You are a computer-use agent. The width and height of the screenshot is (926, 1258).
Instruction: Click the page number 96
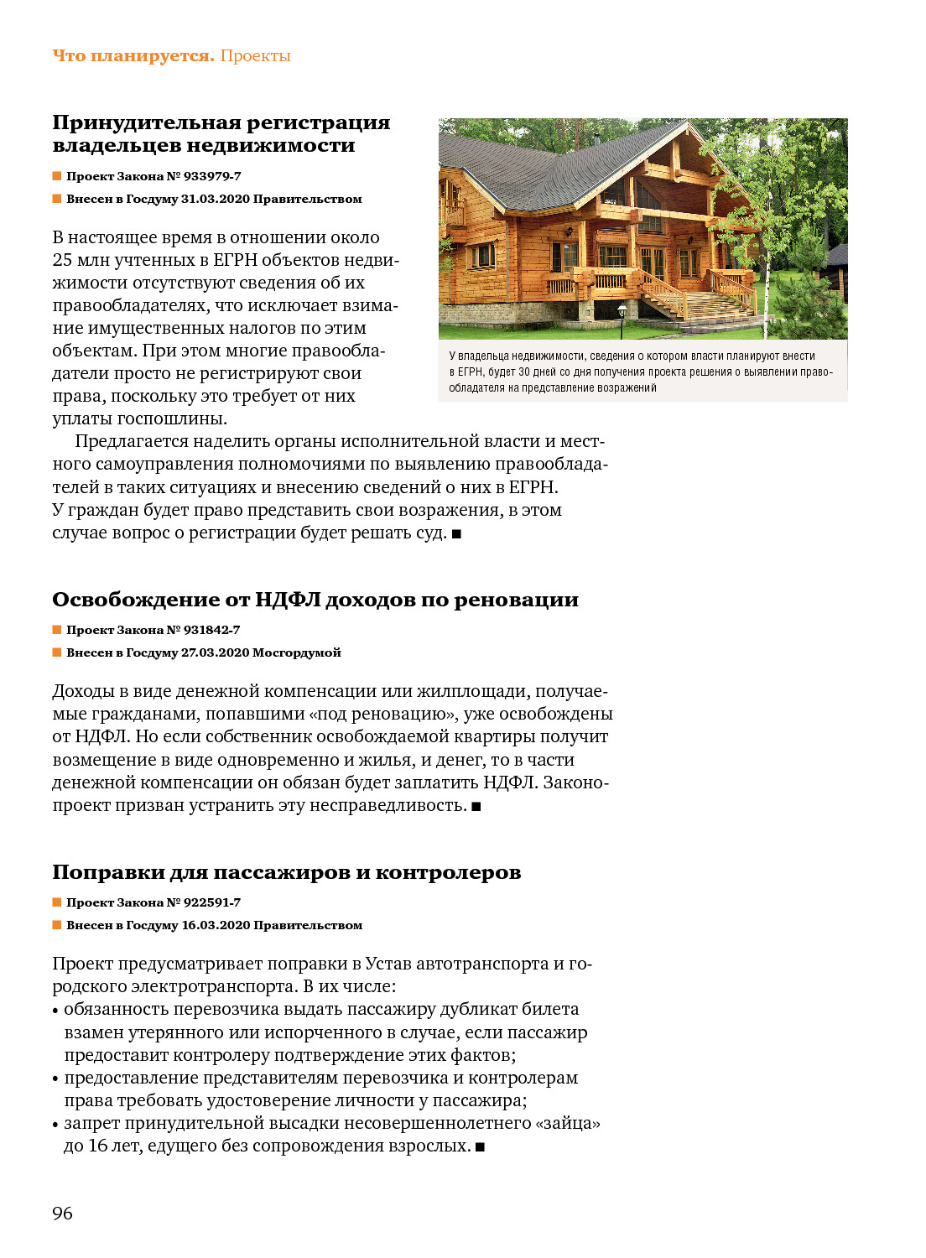(x=62, y=1213)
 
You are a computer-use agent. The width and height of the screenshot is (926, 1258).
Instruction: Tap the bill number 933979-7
(x=212, y=176)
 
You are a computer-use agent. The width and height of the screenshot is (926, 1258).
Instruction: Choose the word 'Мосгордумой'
(x=297, y=652)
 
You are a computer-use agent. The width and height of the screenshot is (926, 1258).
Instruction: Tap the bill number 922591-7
(x=212, y=902)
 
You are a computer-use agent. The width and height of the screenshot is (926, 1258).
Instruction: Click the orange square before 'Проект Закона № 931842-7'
(x=57, y=630)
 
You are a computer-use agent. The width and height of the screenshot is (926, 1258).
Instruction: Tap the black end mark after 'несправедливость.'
(x=476, y=807)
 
